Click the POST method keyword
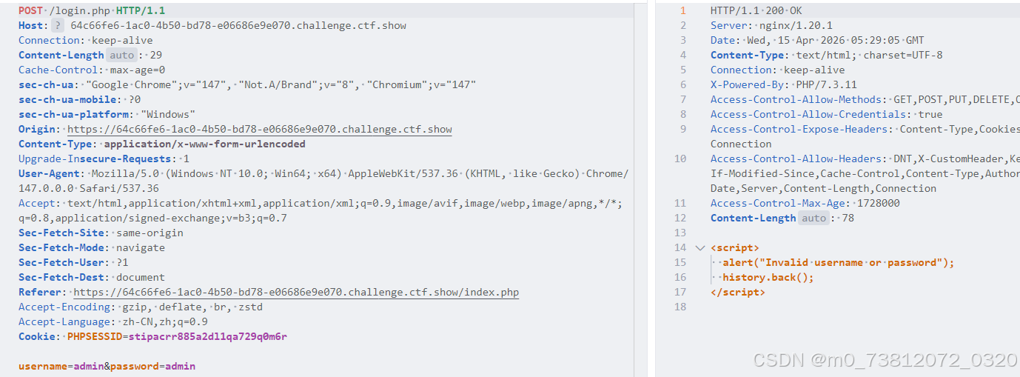[x=30, y=10]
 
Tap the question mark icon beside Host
[x=58, y=25]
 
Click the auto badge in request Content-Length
[x=122, y=55]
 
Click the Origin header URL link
[x=260, y=129]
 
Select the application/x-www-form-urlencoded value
[x=204, y=144]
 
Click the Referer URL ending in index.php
[x=296, y=292]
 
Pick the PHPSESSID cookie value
[x=208, y=336]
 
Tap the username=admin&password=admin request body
[x=107, y=366]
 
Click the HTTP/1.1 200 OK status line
[x=756, y=10]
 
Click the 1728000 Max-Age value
[x=878, y=203]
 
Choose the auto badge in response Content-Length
[x=814, y=218]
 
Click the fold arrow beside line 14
[x=700, y=247]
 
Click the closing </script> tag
[x=737, y=292]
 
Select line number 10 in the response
[x=680, y=159]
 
